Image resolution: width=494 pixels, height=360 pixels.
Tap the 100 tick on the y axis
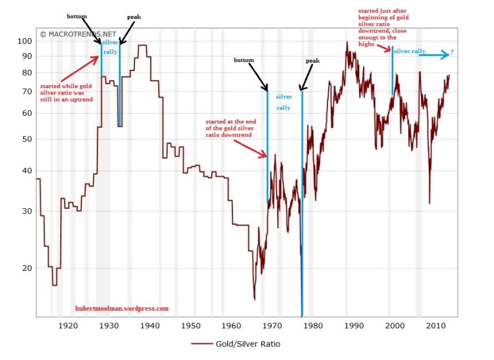(23, 41)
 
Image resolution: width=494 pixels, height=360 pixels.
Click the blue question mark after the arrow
(452, 52)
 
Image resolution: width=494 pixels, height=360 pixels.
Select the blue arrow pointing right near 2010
(433, 56)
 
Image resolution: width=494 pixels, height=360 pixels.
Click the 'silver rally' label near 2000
(409, 50)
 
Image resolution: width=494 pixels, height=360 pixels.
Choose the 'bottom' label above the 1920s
(77, 15)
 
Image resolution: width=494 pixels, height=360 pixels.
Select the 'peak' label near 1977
(313, 61)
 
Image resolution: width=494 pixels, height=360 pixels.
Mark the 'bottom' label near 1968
(244, 60)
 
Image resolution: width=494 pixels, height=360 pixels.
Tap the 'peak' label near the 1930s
(134, 16)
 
